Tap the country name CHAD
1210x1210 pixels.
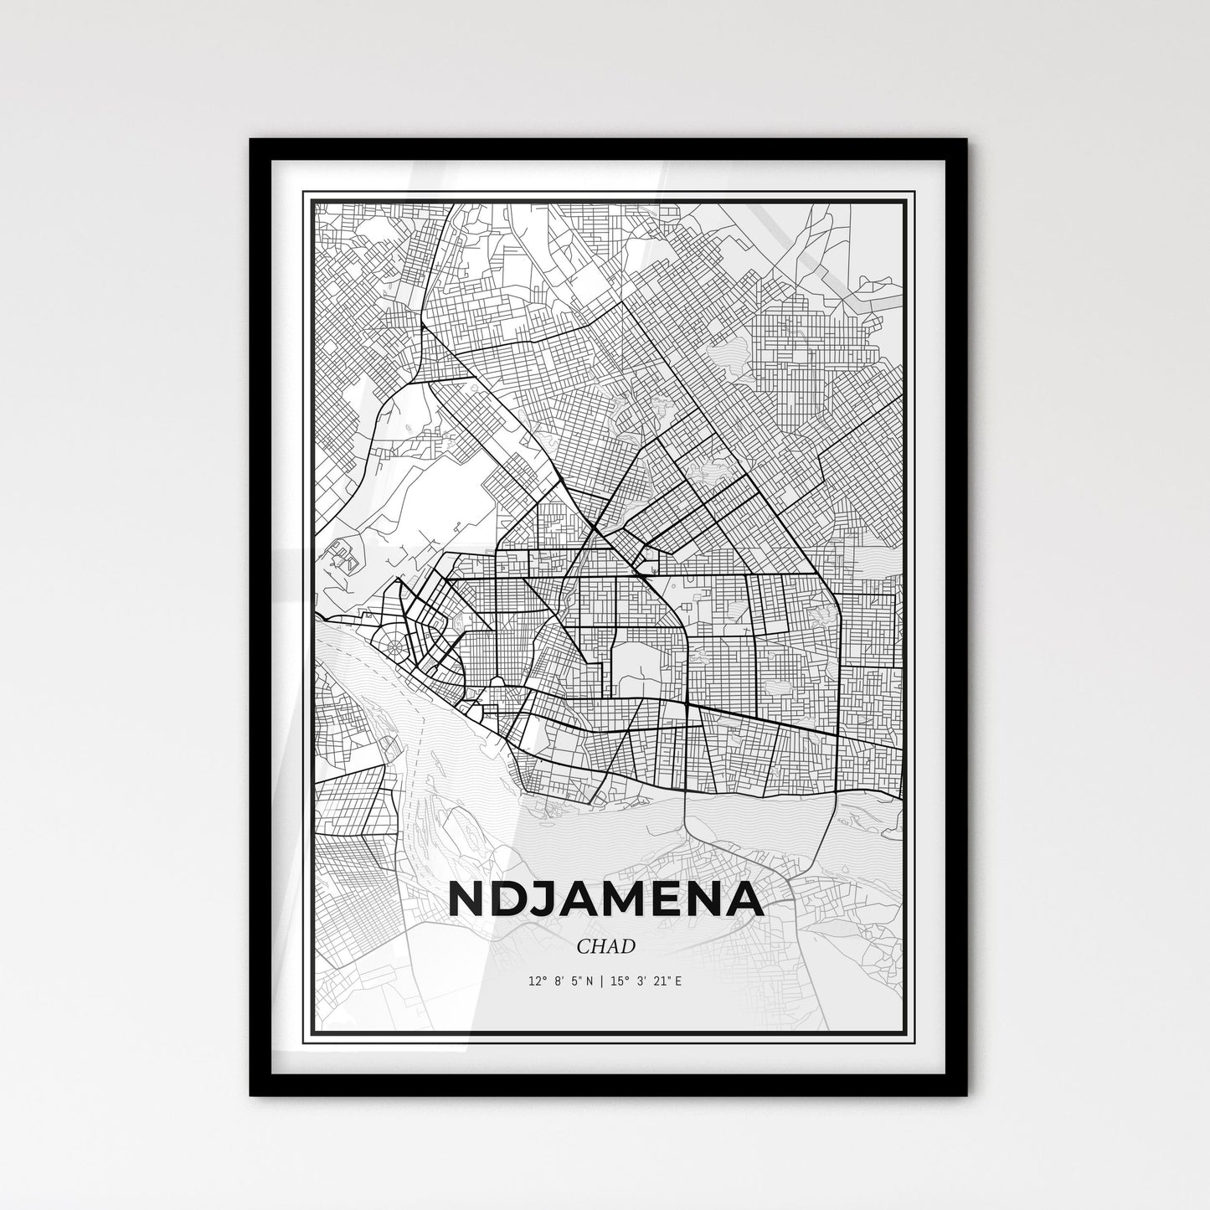coord(605,946)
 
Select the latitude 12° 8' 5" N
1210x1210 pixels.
coord(561,980)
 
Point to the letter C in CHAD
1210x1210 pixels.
coord(583,946)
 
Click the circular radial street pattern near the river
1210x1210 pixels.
coord(394,646)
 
